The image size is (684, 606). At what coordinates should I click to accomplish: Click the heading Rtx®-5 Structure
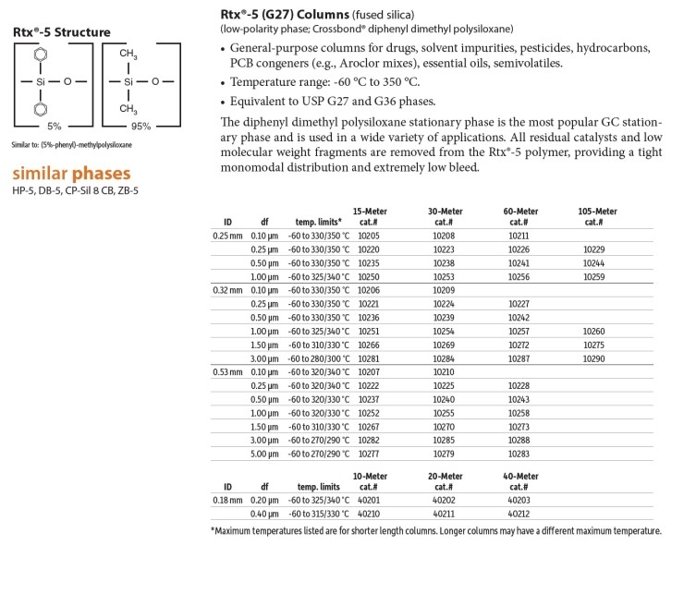[61, 32]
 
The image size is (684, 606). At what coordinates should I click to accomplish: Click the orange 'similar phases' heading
[71, 174]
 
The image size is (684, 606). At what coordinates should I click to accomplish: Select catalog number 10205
[370, 236]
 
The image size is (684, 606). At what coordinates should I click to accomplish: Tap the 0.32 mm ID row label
[227, 290]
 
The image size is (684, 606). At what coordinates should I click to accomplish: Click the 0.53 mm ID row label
[227, 371]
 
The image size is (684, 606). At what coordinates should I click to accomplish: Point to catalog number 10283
[519, 454]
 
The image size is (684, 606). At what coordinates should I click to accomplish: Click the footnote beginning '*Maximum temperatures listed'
[435, 531]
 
